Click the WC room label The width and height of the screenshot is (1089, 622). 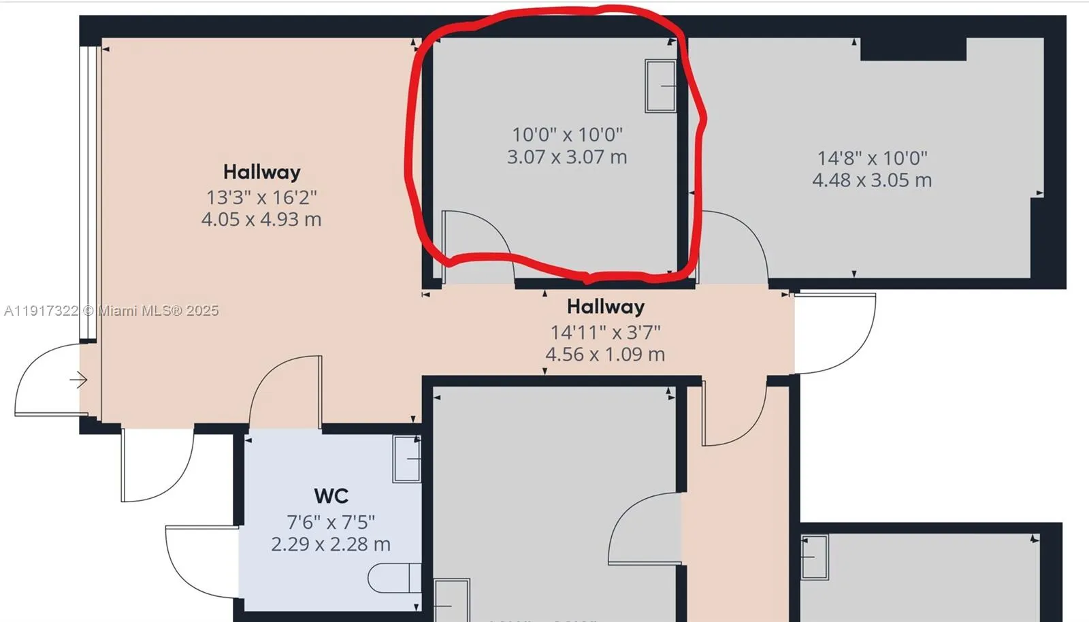click(331, 496)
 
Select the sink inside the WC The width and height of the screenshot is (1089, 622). click(407, 459)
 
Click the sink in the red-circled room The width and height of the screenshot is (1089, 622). click(660, 86)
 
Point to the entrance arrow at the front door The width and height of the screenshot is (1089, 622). click(78, 380)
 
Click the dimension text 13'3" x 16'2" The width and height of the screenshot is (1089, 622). click(261, 197)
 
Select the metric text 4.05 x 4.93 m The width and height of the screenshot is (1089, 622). click(261, 219)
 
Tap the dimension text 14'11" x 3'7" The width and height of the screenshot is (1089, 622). click(605, 332)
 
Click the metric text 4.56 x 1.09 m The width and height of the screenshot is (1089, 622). click(605, 354)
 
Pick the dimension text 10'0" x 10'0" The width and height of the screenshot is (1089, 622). click(567, 135)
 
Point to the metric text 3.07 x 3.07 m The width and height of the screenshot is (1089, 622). click(567, 157)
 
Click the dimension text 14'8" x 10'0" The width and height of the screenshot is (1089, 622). click(872, 158)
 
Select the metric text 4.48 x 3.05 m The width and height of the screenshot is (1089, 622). click(872, 180)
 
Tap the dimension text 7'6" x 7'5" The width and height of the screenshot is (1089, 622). click(331, 522)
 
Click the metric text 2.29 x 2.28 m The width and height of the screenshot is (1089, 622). click(331, 544)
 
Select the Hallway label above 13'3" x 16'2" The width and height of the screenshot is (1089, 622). click(261, 171)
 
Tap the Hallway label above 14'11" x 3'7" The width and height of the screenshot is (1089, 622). click(605, 306)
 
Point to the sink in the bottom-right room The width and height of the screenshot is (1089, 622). click(814, 557)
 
